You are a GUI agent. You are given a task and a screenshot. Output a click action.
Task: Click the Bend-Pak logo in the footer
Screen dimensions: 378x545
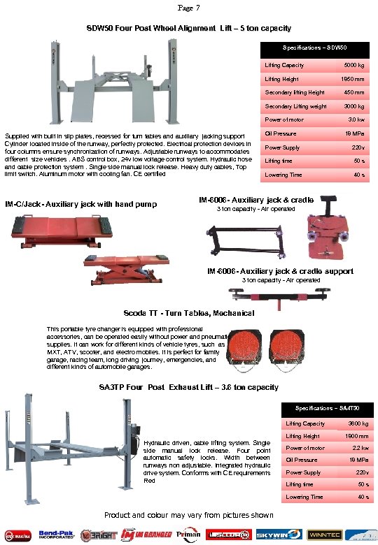click(56, 534)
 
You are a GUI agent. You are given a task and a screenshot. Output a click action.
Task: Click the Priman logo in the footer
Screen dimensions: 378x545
click(190, 534)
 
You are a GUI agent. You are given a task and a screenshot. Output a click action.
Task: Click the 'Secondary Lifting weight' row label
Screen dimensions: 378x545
click(295, 106)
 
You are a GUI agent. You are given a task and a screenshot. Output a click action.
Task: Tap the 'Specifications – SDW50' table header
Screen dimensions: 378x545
click(314, 48)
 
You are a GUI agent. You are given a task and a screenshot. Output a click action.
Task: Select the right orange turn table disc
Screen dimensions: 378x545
click(286, 343)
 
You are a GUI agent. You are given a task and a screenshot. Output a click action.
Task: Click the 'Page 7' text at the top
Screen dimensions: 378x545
click(189, 8)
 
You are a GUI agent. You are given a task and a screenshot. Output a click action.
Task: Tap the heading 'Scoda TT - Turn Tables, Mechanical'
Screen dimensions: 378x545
click(188, 313)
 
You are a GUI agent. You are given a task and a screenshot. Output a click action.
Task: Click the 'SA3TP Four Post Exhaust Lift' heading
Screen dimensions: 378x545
click(188, 387)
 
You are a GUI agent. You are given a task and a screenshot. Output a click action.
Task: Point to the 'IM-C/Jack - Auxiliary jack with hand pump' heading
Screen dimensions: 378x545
click(80, 205)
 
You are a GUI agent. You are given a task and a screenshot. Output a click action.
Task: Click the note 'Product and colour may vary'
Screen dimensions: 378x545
click(188, 515)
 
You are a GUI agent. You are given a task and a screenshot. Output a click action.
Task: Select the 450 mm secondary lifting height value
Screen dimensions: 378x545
click(353, 92)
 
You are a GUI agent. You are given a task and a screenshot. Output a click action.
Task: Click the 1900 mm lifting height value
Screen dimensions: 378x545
click(357, 436)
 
